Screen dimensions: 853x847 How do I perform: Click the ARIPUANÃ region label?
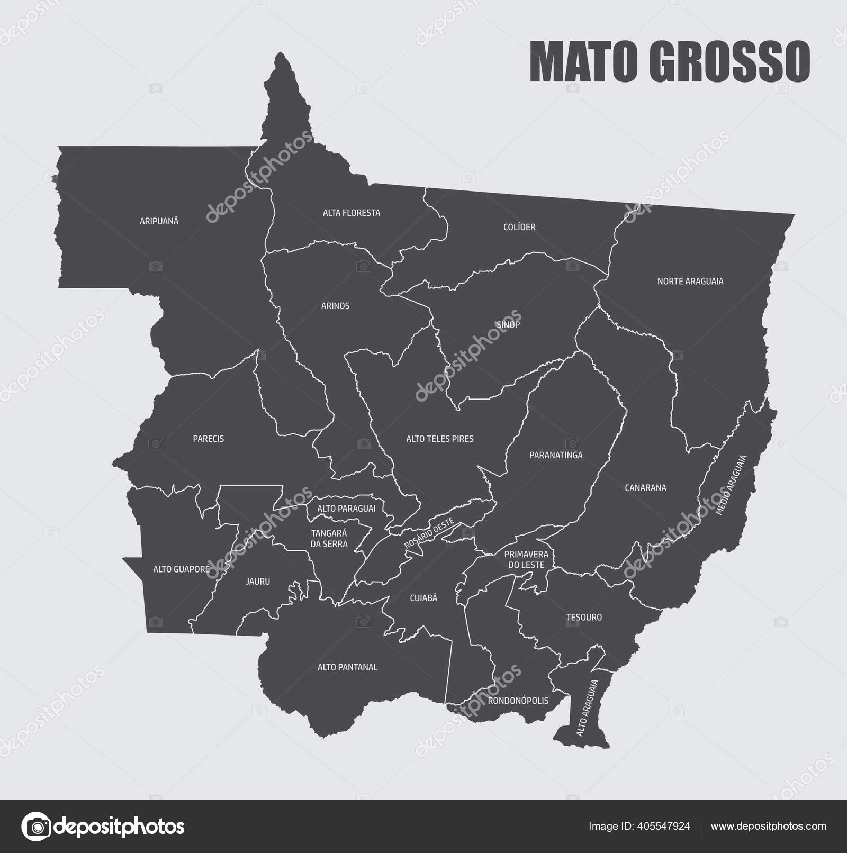159,221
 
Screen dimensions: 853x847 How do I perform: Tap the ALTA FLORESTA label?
352,213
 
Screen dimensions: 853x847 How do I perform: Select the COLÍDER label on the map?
519,228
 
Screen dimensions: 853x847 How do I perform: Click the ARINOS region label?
335,306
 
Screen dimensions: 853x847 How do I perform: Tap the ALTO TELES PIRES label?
440,439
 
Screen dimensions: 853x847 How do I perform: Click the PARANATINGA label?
556,455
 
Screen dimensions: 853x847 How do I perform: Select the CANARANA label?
645,488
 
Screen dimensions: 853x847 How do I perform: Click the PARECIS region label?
208,439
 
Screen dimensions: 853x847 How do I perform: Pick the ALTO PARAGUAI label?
346,509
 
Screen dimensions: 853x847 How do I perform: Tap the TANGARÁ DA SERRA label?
329,539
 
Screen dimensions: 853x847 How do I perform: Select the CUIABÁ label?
424,598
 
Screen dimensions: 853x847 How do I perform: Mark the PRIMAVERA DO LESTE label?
526,559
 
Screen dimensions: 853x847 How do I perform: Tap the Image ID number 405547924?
664,826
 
